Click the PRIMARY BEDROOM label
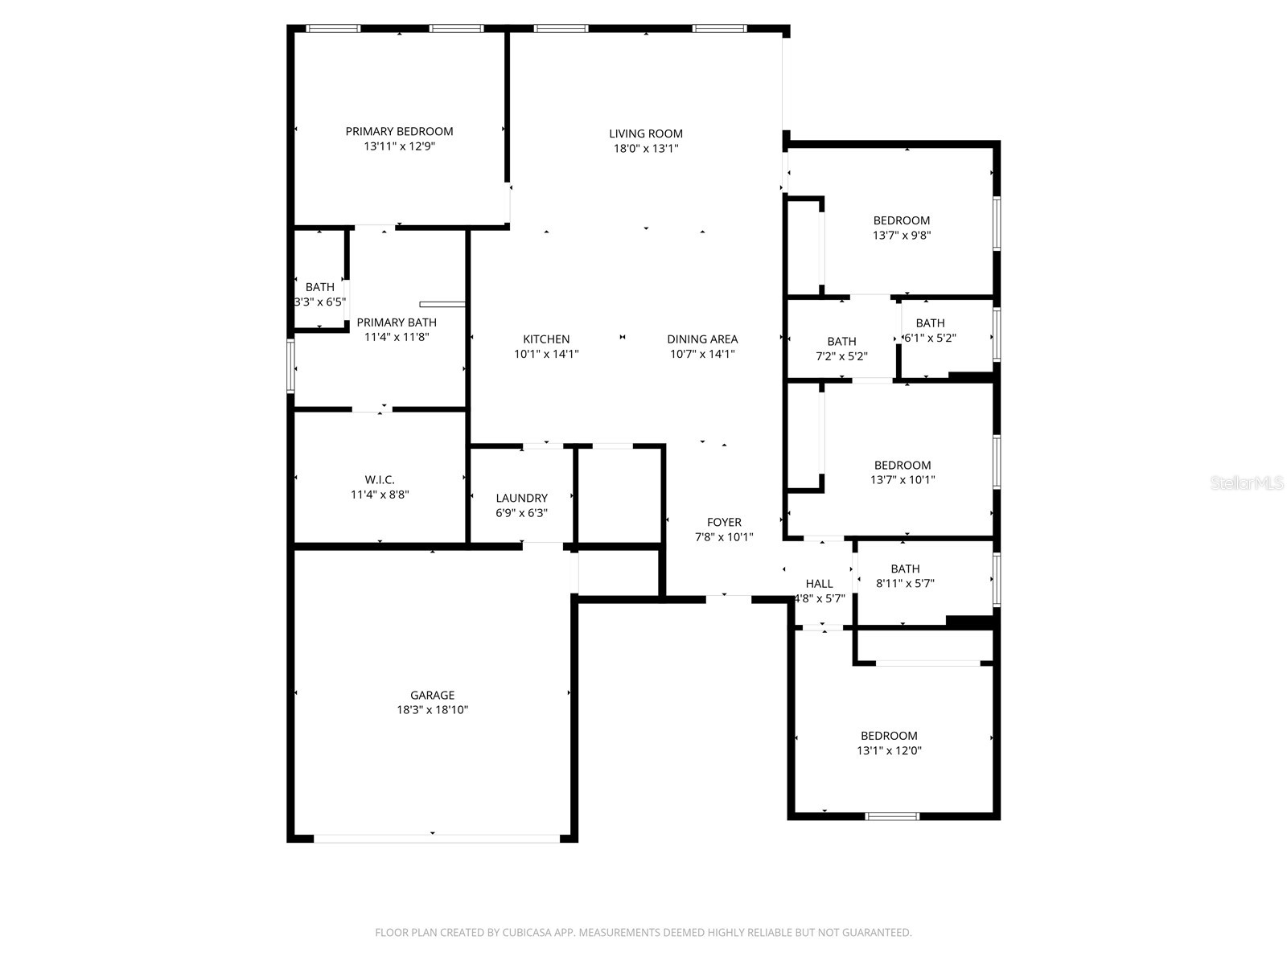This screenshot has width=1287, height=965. (399, 131)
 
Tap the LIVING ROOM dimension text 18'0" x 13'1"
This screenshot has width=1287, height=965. (645, 149)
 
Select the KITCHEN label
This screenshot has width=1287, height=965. (546, 339)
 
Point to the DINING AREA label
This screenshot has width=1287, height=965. (702, 339)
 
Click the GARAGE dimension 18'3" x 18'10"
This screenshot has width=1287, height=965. (432, 710)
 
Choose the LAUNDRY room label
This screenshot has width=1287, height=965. (521, 498)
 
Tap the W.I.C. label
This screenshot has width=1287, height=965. (380, 480)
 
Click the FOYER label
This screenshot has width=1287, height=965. (724, 522)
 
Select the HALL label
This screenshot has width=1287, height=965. (819, 584)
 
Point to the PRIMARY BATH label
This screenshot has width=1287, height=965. (397, 322)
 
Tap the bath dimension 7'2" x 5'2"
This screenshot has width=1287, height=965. (841, 356)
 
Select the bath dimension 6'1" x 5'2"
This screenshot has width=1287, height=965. (930, 339)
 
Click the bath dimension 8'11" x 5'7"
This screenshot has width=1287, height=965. (905, 584)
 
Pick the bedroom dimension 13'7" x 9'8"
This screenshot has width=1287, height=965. (902, 236)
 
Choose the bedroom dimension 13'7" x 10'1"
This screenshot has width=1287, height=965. (903, 480)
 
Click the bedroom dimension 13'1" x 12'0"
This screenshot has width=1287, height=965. (889, 751)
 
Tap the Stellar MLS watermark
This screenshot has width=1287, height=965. (1247, 483)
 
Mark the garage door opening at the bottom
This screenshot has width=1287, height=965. (435, 838)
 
